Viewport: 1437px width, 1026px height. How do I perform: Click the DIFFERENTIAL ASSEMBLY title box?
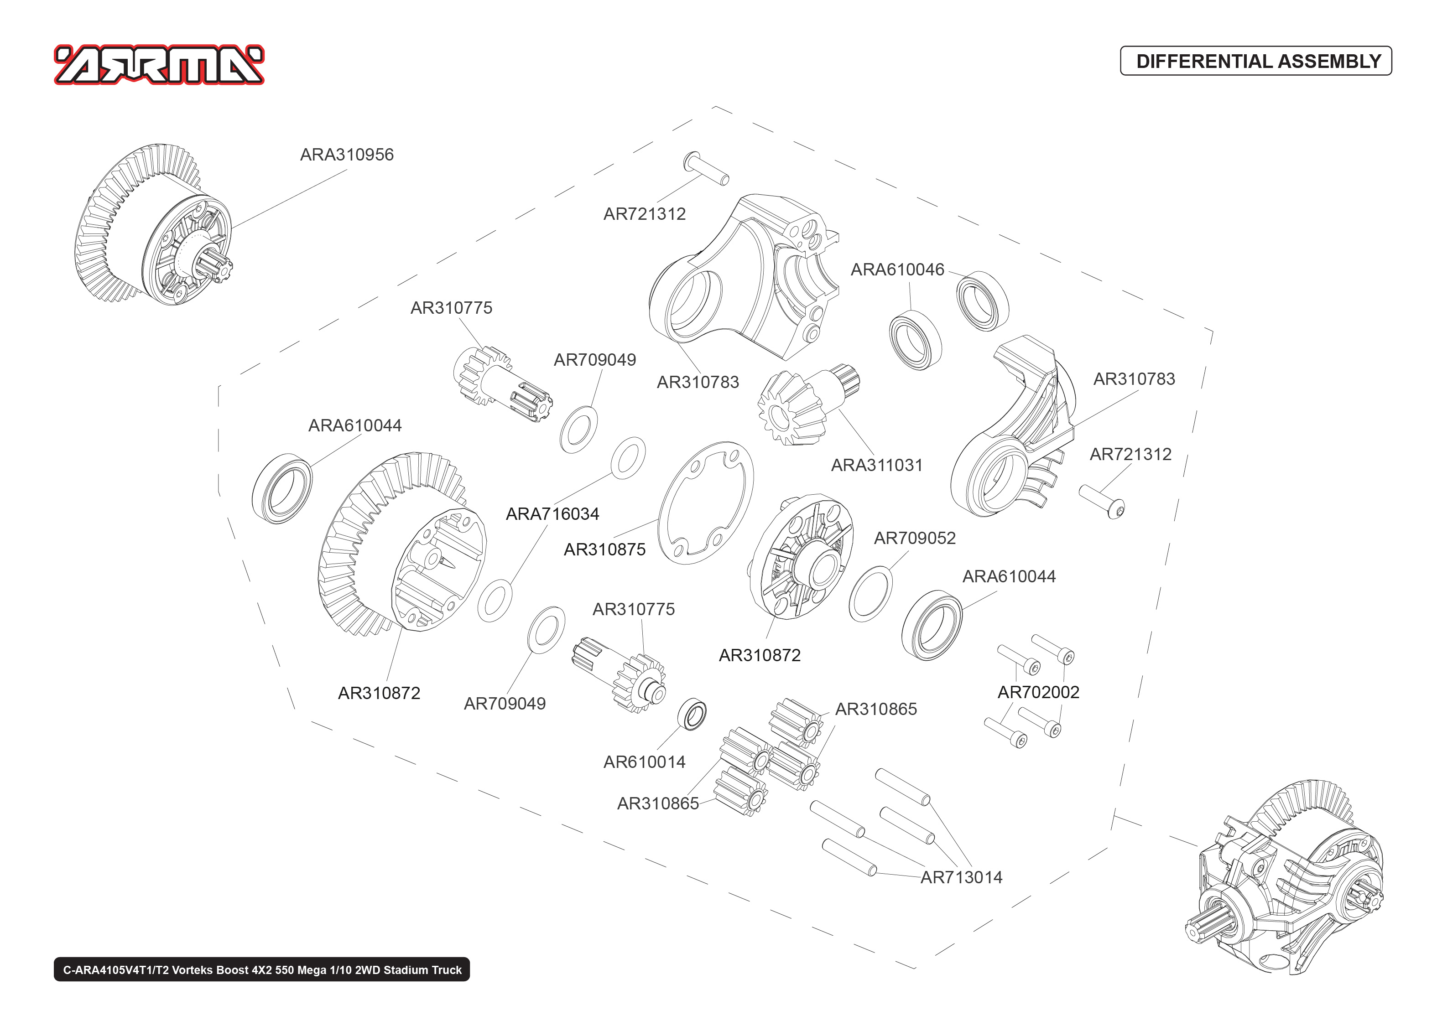[1255, 61]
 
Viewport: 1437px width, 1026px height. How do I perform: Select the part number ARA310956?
[346, 155]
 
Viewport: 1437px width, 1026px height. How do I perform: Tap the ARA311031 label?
[876, 465]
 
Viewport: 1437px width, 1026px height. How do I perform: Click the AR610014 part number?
[644, 762]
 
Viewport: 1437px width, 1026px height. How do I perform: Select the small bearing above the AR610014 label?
[692, 715]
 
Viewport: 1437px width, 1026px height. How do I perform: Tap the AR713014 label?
[961, 877]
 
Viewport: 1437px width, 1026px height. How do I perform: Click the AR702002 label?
[1038, 692]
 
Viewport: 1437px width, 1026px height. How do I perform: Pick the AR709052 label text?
[914, 538]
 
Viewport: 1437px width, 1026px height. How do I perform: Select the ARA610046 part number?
[897, 270]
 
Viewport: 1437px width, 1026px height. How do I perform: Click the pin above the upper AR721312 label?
[706, 168]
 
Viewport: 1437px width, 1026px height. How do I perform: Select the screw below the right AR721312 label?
[1101, 500]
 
